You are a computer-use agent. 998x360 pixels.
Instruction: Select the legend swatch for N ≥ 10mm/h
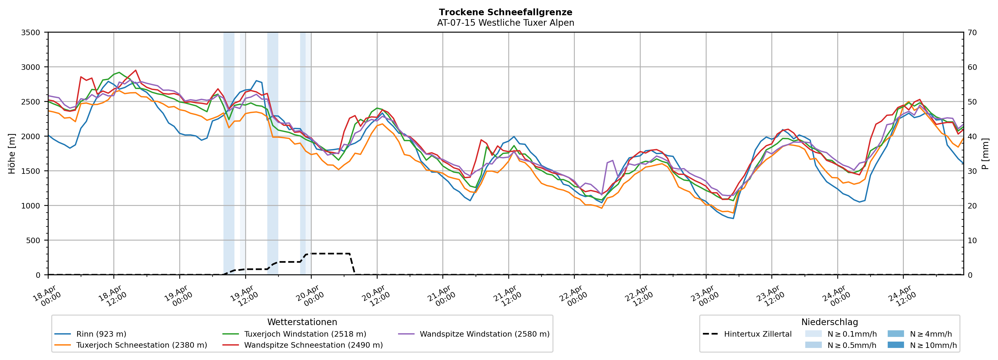tap(895, 345)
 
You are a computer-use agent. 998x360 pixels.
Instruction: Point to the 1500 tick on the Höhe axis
tap(31, 171)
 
